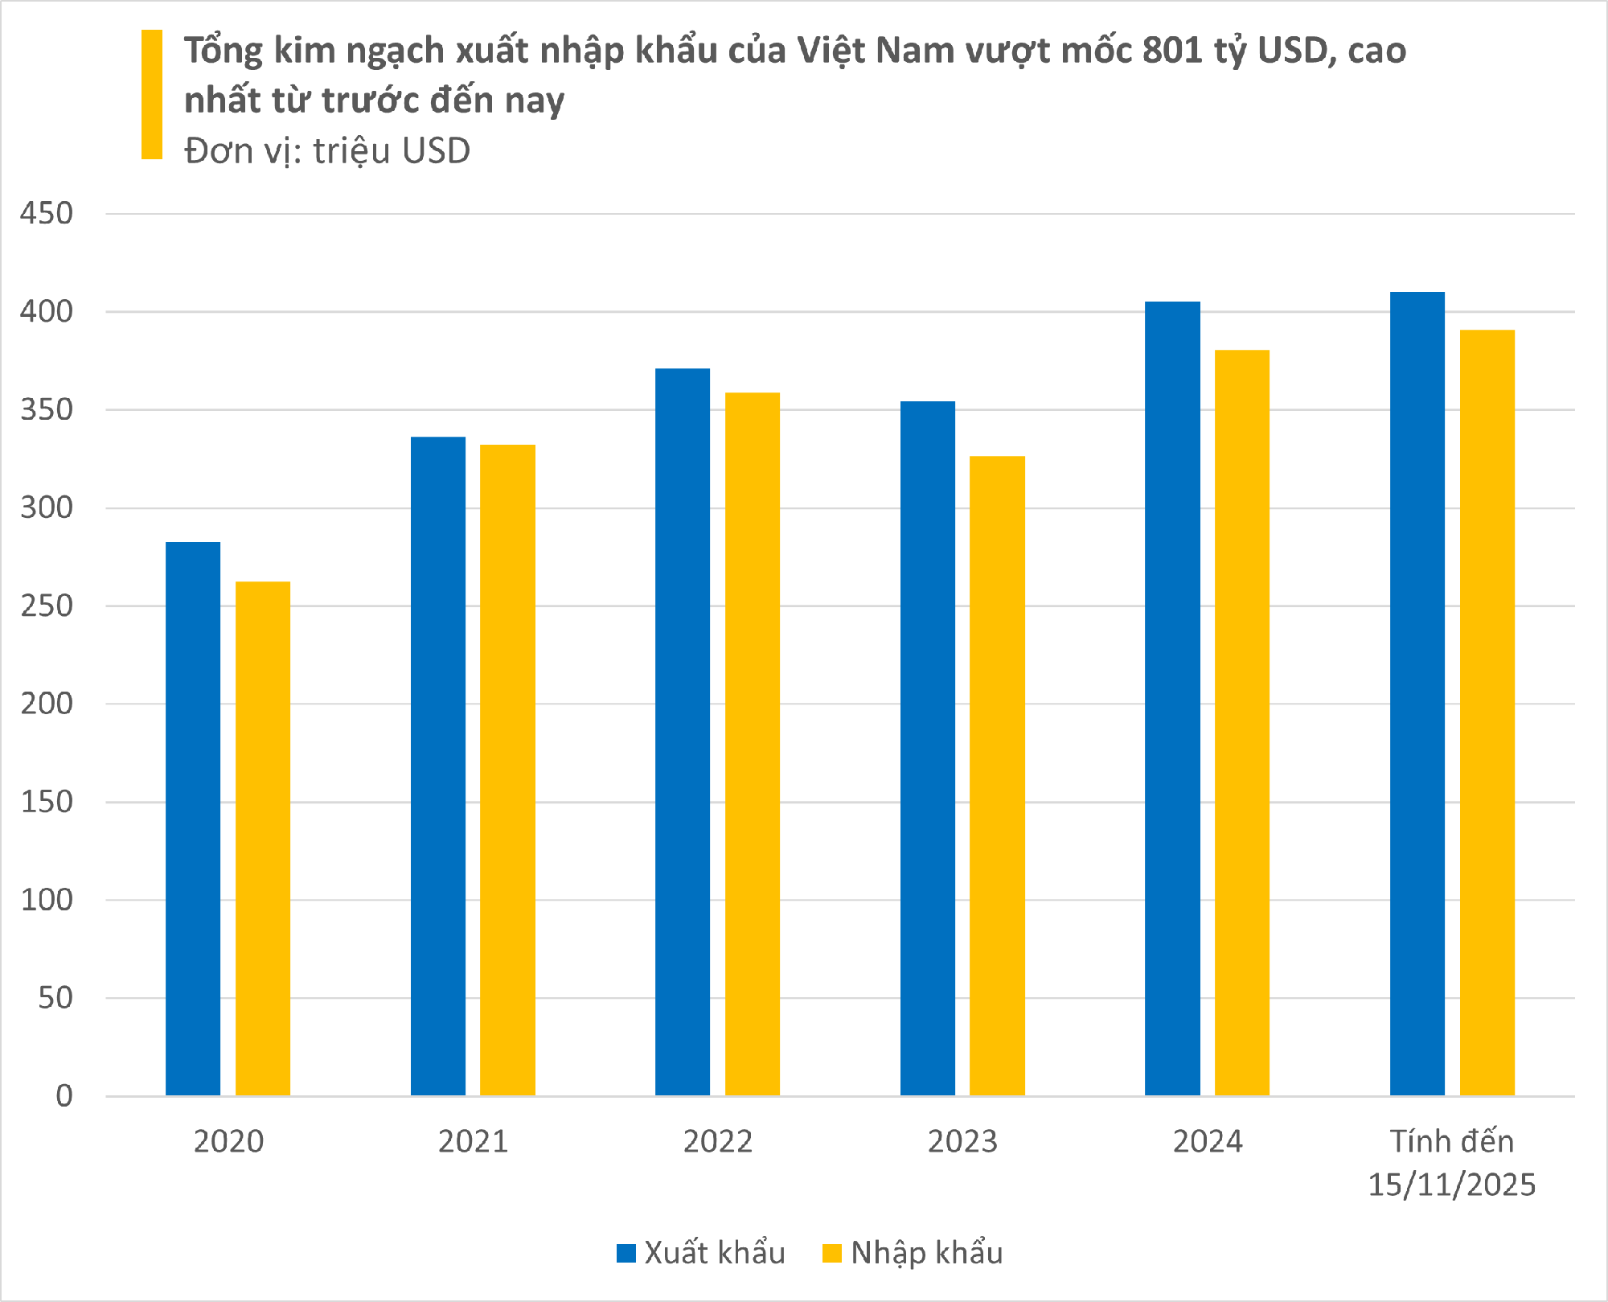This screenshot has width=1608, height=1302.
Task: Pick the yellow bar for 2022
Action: (753, 744)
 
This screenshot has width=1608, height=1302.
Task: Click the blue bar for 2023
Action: (928, 748)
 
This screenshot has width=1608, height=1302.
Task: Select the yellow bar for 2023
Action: (997, 775)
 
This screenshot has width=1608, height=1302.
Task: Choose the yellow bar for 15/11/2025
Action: (1487, 713)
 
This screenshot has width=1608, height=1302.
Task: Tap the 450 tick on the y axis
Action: (47, 214)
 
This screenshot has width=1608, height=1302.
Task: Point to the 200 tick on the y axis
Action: (47, 704)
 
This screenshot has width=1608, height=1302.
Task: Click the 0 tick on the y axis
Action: (64, 1096)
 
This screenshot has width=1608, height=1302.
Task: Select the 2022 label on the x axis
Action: (717, 1142)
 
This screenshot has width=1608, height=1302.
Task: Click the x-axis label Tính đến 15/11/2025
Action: (1452, 1163)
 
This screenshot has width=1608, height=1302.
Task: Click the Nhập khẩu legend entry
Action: (913, 1253)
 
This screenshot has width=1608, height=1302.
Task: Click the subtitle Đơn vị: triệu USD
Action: (327, 151)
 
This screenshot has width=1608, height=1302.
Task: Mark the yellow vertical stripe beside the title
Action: (152, 94)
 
